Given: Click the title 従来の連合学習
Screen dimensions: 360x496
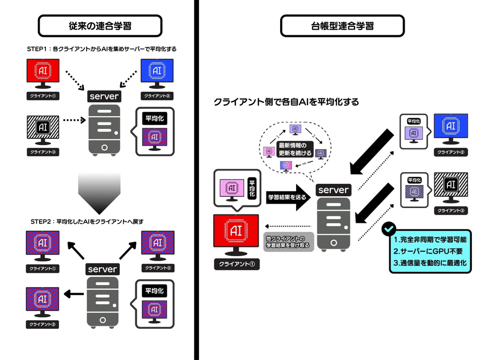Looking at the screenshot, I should tap(100, 25).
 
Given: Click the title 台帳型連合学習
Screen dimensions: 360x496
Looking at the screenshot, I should tap(342, 25).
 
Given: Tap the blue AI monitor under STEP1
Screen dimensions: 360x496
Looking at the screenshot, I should tap(158, 72).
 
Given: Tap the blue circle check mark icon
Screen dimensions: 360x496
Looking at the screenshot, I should tap(389, 229).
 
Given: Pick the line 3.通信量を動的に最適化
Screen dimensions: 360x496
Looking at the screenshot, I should tap(431, 262).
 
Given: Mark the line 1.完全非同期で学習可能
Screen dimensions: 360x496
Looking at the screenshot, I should tap(430, 239).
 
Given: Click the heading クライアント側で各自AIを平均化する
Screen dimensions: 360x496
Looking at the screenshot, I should tap(286, 102).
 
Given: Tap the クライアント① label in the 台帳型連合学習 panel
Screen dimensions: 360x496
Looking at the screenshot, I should tap(236, 264).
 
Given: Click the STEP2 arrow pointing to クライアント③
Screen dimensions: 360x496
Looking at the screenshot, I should tap(74, 294).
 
